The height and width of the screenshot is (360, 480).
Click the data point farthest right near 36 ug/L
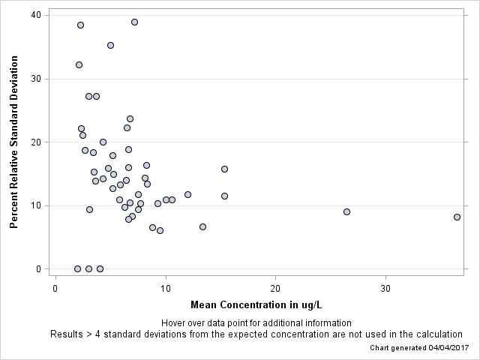point(457,217)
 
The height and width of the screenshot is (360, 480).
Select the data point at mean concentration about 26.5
point(346,211)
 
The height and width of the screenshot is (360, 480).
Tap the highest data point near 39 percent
point(134,22)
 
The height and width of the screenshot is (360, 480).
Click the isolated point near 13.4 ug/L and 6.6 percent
point(202,226)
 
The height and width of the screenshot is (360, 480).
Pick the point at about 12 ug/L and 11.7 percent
point(187,194)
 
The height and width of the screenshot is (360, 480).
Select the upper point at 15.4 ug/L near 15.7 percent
point(224,169)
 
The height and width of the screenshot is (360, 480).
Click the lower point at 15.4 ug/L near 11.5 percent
point(224,196)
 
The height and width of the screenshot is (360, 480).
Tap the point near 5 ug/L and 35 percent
point(110,45)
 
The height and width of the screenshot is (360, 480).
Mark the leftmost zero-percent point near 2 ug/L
point(77,268)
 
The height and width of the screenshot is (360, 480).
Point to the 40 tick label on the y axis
point(36,15)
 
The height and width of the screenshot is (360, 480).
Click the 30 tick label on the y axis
point(36,79)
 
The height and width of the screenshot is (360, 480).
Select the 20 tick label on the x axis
point(275,288)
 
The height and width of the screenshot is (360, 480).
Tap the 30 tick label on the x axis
point(385,288)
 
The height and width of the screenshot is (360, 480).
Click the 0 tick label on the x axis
point(55,288)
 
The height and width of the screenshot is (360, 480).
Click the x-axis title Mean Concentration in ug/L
point(256,305)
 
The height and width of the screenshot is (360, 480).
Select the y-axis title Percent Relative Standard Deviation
point(13,142)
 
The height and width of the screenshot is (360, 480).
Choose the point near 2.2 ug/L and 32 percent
point(79,64)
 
